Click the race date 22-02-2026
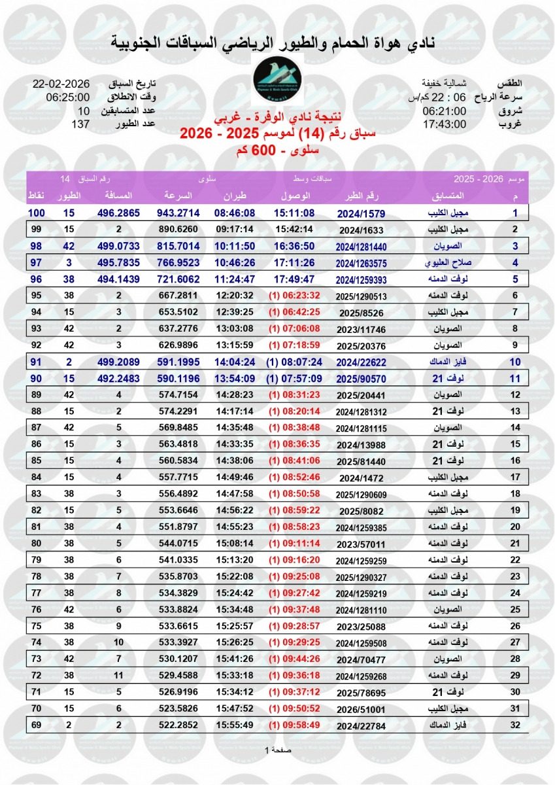(x=60, y=84)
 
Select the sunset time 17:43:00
(x=445, y=124)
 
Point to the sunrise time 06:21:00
(x=445, y=111)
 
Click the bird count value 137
(x=80, y=124)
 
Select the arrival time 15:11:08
(x=295, y=213)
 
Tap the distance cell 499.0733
(x=118, y=246)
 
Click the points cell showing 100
(x=36, y=213)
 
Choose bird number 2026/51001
(x=361, y=708)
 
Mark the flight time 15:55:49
(x=232, y=725)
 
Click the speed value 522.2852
(x=178, y=725)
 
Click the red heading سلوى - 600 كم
(x=277, y=151)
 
